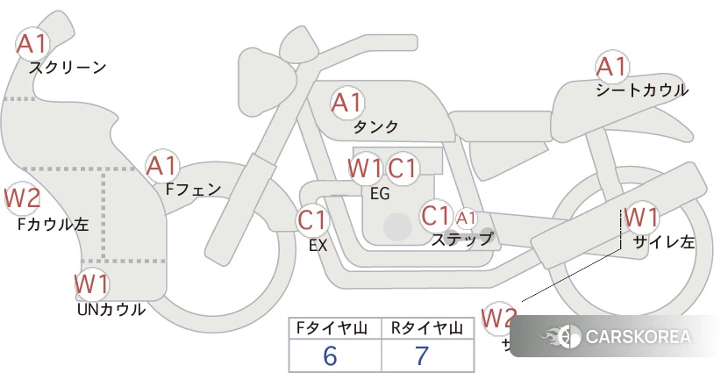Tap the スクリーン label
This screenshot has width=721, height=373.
(68, 67)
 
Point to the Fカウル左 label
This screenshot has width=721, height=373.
(53, 224)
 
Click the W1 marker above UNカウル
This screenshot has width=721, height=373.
(91, 284)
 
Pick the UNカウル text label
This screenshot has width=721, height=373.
(111, 309)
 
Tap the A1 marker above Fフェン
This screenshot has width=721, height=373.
(162, 165)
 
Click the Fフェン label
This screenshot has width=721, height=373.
(193, 188)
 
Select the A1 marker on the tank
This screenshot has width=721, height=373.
(346, 103)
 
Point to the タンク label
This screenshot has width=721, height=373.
(375, 126)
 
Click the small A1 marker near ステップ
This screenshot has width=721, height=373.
(466, 218)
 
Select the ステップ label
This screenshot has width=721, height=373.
(461, 238)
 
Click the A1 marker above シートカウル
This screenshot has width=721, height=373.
(611, 66)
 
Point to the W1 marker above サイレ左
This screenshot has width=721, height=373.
(641, 216)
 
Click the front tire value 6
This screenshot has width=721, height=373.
(330, 355)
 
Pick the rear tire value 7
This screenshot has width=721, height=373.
(422, 355)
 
